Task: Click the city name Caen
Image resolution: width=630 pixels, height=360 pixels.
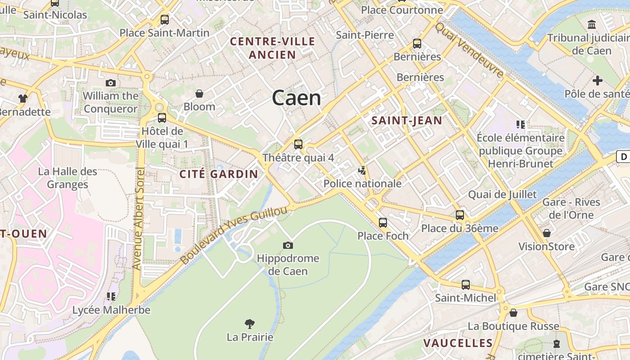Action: (297, 98)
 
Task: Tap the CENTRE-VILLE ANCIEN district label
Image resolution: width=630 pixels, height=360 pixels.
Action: (273, 48)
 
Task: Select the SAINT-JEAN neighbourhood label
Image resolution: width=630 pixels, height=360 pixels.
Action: (406, 120)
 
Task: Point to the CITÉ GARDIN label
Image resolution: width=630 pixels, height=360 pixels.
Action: (219, 174)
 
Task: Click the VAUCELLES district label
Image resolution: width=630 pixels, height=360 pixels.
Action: (458, 343)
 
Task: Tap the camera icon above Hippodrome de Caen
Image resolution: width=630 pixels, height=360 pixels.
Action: (288, 245)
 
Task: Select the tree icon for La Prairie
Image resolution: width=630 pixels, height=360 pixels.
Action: (250, 324)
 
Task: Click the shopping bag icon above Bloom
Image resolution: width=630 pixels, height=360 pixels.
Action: (199, 94)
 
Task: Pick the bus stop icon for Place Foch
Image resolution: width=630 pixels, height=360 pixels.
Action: (383, 222)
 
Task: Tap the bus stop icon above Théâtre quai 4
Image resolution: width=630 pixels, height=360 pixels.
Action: (298, 144)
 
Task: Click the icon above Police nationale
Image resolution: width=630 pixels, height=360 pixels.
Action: (362, 171)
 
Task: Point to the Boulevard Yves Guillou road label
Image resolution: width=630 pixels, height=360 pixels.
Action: (234, 235)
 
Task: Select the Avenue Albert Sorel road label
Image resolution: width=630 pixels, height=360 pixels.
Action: (138, 219)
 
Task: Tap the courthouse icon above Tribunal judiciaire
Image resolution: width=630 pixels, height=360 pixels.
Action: (592, 24)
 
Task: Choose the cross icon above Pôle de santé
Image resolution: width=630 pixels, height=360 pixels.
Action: (598, 81)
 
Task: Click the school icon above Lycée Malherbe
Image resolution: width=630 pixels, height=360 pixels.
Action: (111, 297)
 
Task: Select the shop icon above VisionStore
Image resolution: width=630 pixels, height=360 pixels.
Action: (547, 233)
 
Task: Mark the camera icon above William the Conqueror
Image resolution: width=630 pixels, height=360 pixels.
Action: (111, 83)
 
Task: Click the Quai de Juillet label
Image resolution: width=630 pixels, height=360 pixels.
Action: (503, 194)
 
